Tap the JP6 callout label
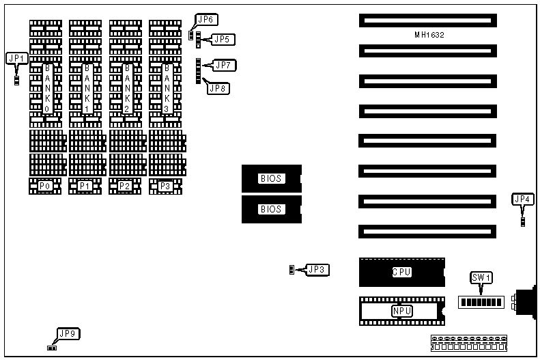(x=205, y=19)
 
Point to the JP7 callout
(x=225, y=66)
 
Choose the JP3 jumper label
(x=317, y=270)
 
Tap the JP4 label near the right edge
(x=522, y=199)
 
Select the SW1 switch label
(x=482, y=277)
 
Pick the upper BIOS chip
(x=271, y=178)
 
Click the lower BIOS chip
(x=271, y=209)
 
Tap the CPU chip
(x=401, y=272)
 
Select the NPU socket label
(x=401, y=311)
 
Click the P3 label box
(x=165, y=186)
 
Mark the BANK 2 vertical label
(x=126, y=89)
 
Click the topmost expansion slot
(x=426, y=20)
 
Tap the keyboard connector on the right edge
(x=526, y=303)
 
